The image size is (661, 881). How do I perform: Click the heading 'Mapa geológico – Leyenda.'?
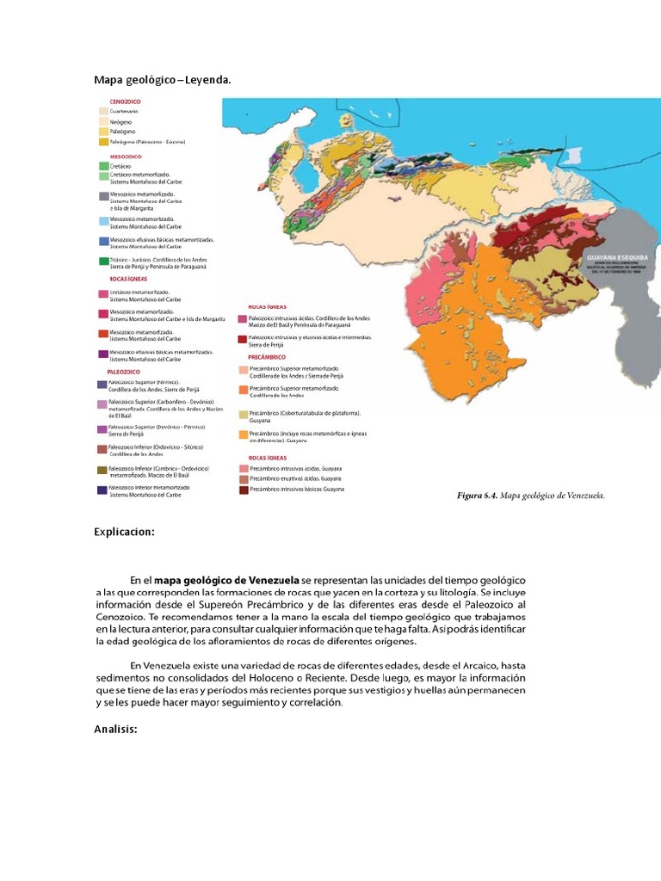(x=163, y=80)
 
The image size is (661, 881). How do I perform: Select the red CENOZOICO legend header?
(x=118, y=102)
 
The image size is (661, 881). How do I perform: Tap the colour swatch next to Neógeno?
(x=103, y=122)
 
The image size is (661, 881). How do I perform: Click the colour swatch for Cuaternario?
(x=103, y=112)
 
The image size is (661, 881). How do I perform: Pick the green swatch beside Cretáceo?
(x=103, y=166)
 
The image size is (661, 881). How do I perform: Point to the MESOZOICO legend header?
(x=120, y=157)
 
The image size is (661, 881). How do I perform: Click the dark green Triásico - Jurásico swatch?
(x=103, y=261)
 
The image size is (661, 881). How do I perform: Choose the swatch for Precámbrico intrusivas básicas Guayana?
(x=244, y=490)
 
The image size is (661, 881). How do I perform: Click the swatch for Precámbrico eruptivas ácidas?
(x=244, y=479)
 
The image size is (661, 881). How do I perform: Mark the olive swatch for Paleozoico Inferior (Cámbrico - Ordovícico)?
(x=102, y=470)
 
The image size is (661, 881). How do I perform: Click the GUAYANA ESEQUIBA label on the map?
(x=616, y=256)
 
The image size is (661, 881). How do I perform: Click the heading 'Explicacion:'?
(x=124, y=532)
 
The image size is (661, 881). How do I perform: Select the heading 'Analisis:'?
(x=115, y=730)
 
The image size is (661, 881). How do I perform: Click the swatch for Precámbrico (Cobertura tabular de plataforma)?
(x=244, y=414)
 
